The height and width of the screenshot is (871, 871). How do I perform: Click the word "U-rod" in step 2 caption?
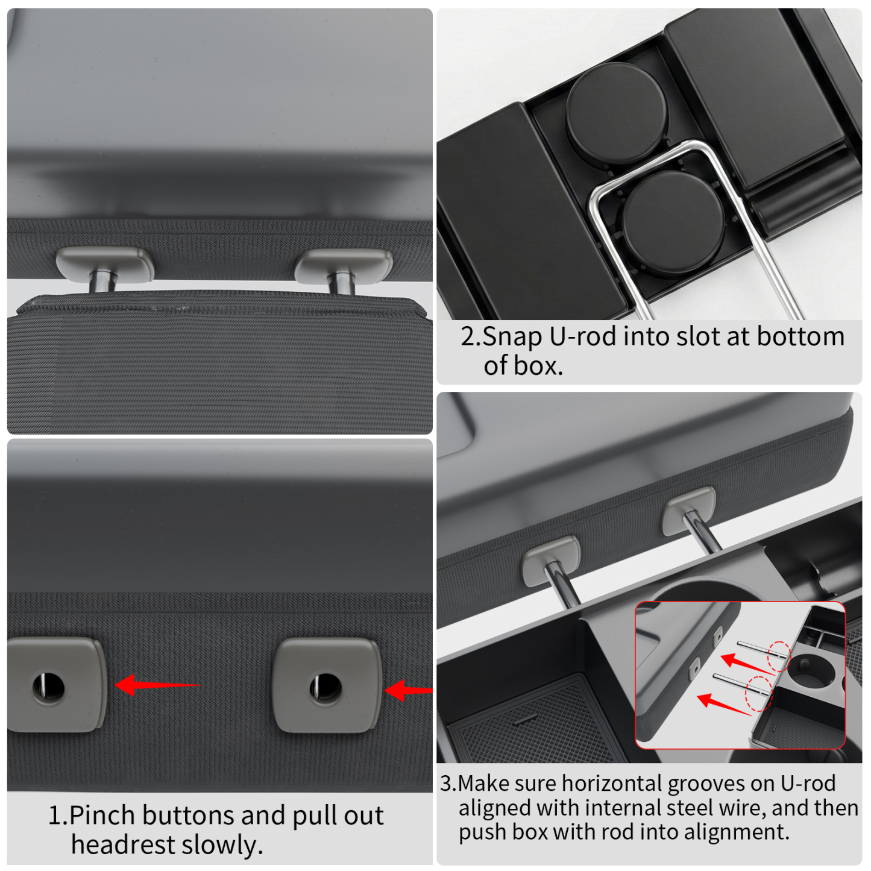(x=583, y=336)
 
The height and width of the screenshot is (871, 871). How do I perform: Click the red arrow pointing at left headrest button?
(x=157, y=685)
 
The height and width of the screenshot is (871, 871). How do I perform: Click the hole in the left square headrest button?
(x=48, y=685)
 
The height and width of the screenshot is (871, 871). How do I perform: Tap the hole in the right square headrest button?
(x=325, y=687)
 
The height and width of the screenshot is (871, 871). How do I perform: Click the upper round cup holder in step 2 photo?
(x=616, y=113)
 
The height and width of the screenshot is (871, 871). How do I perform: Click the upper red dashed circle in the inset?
(x=778, y=656)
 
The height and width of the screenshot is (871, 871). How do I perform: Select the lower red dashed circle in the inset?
(x=758, y=693)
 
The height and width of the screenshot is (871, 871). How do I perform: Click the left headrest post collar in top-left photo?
(x=104, y=264)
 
